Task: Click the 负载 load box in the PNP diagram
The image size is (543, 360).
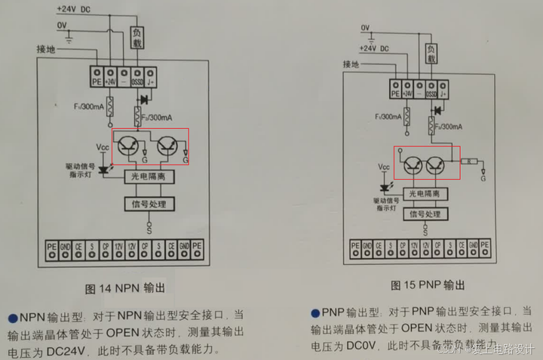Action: [431, 53]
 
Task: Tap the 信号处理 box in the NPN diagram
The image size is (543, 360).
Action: [149, 204]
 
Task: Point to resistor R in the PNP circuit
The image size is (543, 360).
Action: [469, 162]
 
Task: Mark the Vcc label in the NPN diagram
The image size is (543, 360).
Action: [103, 146]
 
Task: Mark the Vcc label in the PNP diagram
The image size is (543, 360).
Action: [384, 166]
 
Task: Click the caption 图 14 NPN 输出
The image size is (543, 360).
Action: [130, 288]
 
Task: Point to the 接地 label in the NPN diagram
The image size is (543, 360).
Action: [46, 49]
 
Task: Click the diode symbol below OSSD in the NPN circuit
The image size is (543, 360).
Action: [144, 99]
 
